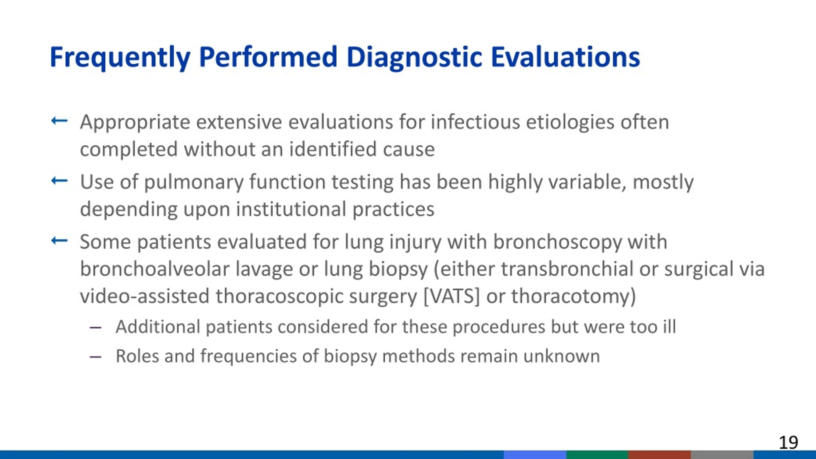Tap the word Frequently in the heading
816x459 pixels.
[x=120, y=57]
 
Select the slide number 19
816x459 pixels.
[x=788, y=442]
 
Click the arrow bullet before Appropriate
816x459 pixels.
[x=59, y=121]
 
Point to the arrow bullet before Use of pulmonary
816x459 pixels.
[x=59, y=181]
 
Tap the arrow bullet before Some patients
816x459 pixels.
[x=59, y=240]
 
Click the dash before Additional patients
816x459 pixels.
[x=96, y=327]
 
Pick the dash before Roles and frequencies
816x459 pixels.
[x=96, y=357]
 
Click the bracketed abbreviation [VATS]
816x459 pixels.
[x=451, y=296]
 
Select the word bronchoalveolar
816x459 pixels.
[x=155, y=268]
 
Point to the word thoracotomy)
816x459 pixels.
[x=574, y=296]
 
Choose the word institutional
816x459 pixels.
[x=291, y=209]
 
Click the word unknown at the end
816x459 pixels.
[x=562, y=356]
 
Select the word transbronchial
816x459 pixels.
[x=567, y=268]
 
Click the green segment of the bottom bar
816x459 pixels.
[x=597, y=455]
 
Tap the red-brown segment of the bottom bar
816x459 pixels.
[x=659, y=455]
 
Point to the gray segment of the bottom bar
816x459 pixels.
[x=722, y=455]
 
